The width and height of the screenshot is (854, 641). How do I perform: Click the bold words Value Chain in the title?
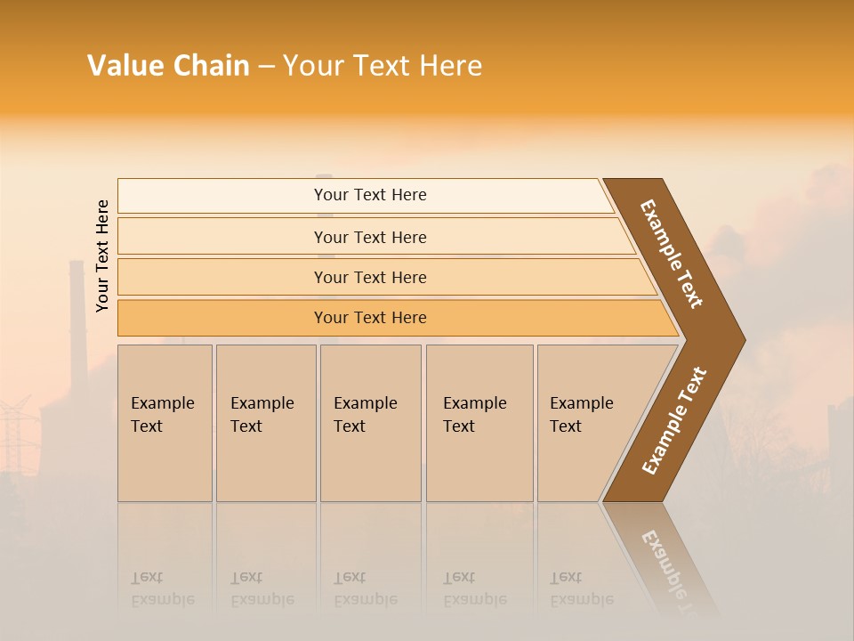click(168, 66)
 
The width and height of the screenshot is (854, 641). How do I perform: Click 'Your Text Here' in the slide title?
click(383, 66)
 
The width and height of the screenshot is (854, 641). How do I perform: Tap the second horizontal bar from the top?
click(370, 237)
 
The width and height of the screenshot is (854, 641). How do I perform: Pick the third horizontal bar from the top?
click(370, 277)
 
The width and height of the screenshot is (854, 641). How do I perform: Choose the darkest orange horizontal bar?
click(370, 318)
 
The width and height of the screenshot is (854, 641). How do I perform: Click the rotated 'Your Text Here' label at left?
click(102, 256)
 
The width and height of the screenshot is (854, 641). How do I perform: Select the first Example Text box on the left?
click(165, 422)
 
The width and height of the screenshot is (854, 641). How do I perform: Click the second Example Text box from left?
click(265, 422)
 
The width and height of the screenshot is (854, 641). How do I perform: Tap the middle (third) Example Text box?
click(370, 422)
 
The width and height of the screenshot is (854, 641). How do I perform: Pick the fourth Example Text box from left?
click(479, 422)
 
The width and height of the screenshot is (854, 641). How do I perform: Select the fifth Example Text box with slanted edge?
click(587, 422)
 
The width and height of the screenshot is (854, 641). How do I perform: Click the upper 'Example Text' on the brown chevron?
click(672, 254)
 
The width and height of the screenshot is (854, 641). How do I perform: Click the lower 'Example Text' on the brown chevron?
click(674, 421)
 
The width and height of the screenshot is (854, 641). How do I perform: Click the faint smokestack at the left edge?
click(77, 312)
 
